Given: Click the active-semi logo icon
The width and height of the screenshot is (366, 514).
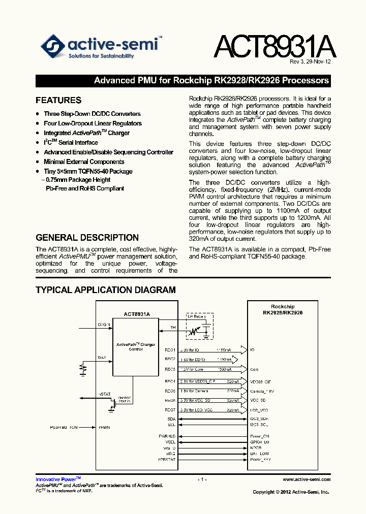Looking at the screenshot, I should coord(53,46).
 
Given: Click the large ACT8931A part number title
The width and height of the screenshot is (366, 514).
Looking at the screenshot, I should coord(274,46).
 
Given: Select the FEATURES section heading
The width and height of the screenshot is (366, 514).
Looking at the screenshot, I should coord(58,100).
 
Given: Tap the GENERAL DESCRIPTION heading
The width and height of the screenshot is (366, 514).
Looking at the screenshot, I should coord(87,237).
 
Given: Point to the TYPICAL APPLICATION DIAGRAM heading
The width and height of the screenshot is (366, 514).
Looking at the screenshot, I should coord(106,290).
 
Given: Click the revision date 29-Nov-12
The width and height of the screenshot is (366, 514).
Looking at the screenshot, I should coord(319,62).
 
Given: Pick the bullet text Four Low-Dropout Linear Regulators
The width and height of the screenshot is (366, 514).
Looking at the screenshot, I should coord(93,123).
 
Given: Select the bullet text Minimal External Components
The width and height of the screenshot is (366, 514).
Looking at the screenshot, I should coord(84,162).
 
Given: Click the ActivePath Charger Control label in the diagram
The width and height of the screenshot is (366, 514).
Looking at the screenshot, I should coord(136,346).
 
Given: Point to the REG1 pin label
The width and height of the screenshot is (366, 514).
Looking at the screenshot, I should coord(170,350).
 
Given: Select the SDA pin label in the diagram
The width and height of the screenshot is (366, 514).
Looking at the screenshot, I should coord(171,419).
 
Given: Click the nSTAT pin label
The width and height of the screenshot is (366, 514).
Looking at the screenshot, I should coord(104,394).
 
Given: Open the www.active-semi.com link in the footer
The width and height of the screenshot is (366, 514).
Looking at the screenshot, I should coord(307,479).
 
